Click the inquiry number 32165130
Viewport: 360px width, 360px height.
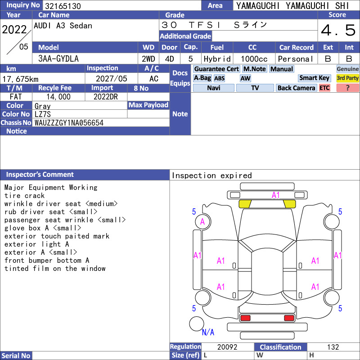pyautogui.click(x=63, y=6)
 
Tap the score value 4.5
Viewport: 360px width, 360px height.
pyautogui.click(x=338, y=30)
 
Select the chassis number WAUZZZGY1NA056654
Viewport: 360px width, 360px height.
pyautogui.click(x=69, y=123)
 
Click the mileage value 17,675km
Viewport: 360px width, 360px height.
pyautogui.click(x=20, y=79)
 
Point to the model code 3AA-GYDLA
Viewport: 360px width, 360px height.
pyautogui.click(x=58, y=59)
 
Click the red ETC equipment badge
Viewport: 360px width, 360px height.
pyautogui.click(x=324, y=88)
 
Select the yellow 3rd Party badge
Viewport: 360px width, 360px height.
pyautogui.click(x=347, y=78)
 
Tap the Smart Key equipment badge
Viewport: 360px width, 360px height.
pyautogui.click(x=314, y=78)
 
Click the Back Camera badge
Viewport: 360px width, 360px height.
pyautogui.click(x=296, y=88)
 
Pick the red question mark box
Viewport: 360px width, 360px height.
pyautogui.click(x=347, y=88)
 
